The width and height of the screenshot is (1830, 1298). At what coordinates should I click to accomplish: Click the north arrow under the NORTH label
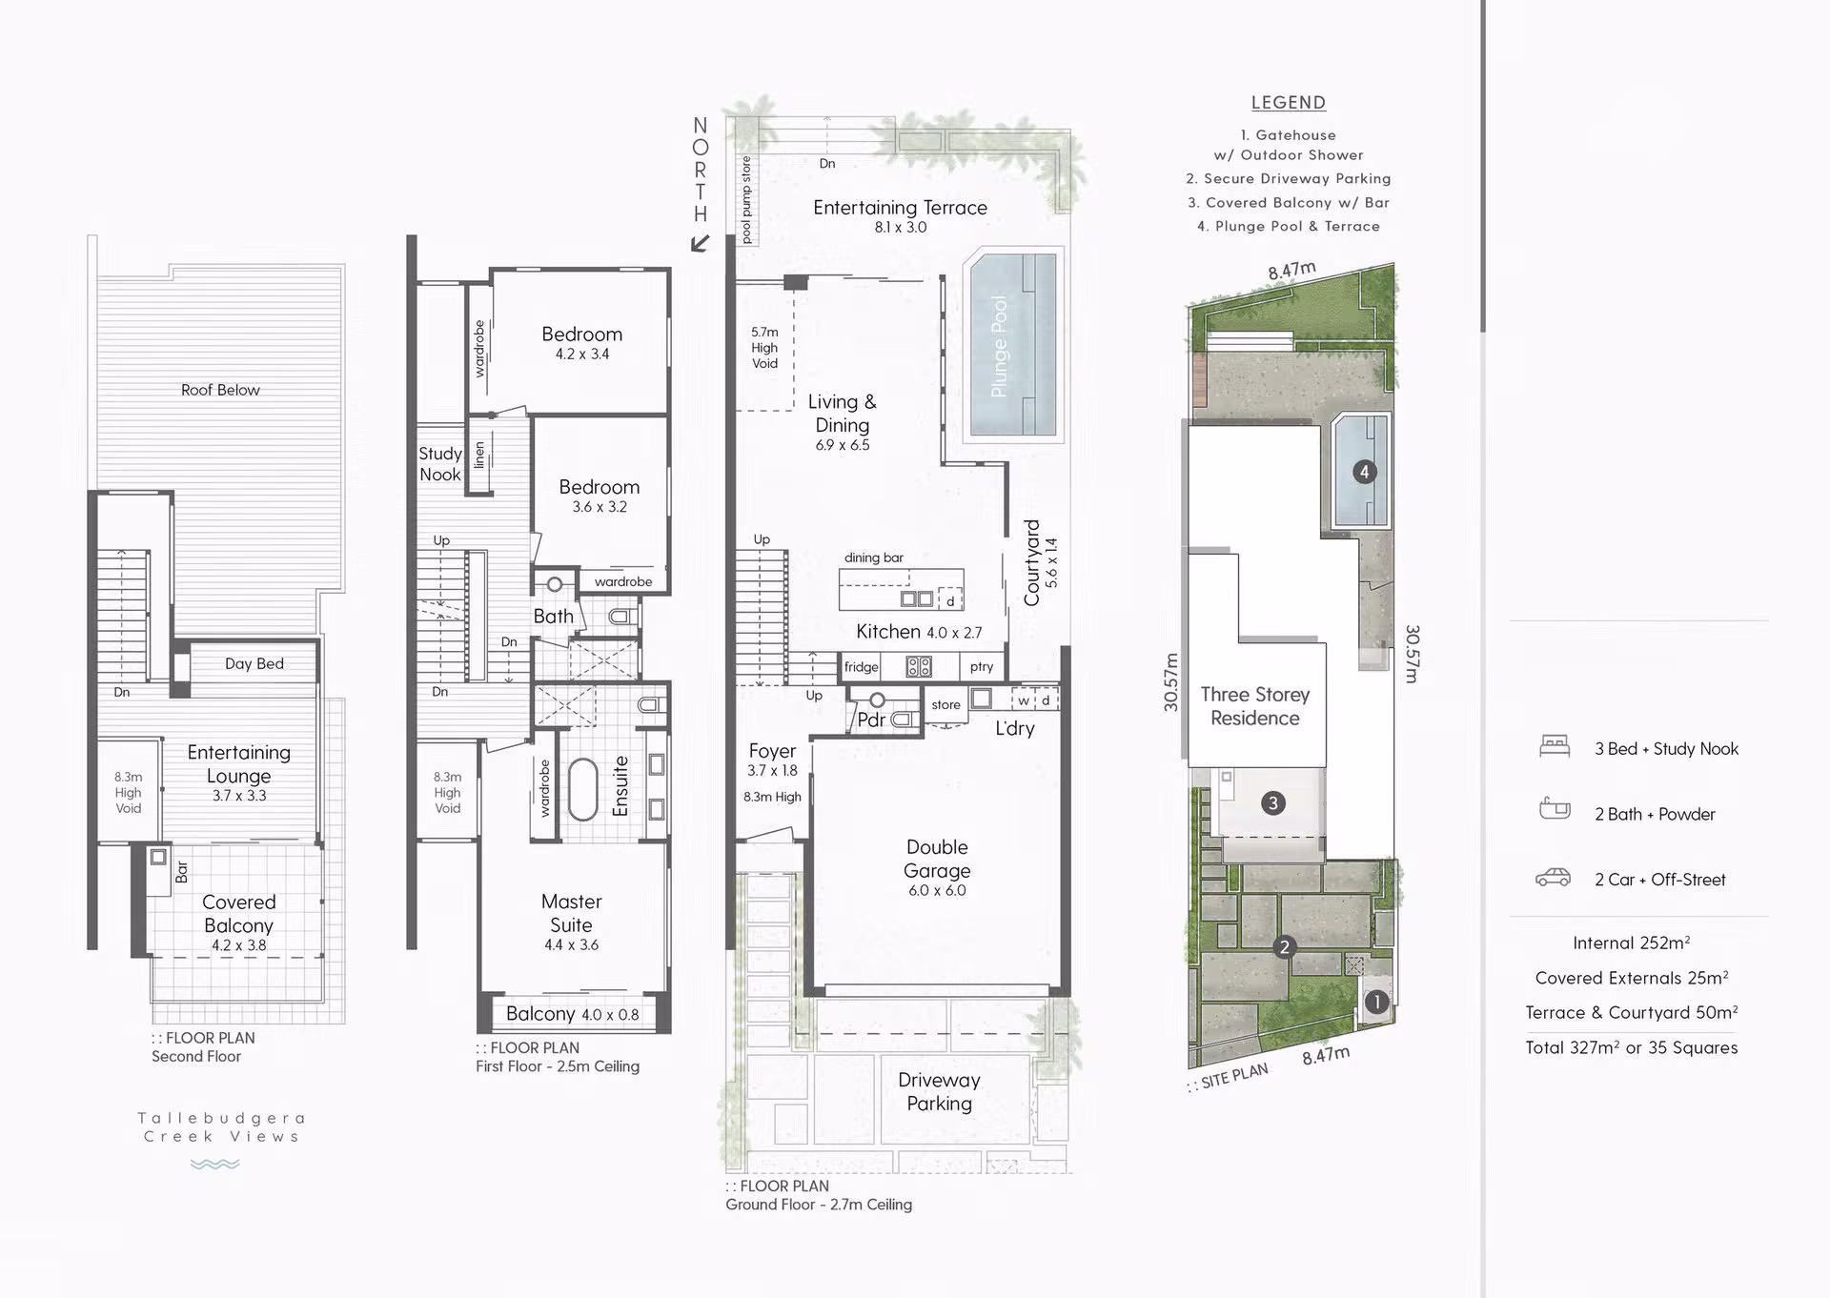click(x=701, y=243)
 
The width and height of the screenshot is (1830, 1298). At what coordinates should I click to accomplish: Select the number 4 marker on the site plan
click(x=1364, y=471)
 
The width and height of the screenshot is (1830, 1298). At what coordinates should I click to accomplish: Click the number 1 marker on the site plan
click(x=1375, y=1002)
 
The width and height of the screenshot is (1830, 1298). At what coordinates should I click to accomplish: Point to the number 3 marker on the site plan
click(x=1272, y=802)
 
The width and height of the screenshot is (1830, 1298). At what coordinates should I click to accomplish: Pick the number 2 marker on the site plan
click(x=1284, y=946)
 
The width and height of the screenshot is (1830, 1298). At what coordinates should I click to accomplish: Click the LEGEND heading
click(x=1289, y=103)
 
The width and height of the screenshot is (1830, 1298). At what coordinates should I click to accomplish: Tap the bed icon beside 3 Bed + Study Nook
click(x=1555, y=746)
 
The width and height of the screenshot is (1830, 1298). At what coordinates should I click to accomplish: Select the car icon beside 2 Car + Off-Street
click(x=1554, y=878)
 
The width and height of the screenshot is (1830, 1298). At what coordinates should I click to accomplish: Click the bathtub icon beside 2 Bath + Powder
click(x=1555, y=810)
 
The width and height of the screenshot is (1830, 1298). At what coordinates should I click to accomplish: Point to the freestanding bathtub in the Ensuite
click(x=582, y=788)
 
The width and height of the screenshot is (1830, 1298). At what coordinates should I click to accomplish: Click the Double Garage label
click(x=937, y=859)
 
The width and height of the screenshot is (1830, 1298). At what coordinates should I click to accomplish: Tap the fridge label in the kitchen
click(x=861, y=667)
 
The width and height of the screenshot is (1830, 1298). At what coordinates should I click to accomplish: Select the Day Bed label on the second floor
click(x=254, y=663)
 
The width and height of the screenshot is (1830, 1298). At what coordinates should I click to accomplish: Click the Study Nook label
click(x=440, y=464)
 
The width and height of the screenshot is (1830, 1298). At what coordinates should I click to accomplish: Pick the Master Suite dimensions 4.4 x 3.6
click(x=571, y=945)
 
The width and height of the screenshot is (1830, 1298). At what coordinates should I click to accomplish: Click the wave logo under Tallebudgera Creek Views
click(x=214, y=1164)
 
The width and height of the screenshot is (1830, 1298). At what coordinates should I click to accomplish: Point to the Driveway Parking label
click(x=939, y=1091)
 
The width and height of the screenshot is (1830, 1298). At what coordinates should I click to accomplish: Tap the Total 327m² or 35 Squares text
click(x=1631, y=1047)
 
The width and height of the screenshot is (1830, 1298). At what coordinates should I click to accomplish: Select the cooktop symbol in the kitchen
click(x=919, y=667)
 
